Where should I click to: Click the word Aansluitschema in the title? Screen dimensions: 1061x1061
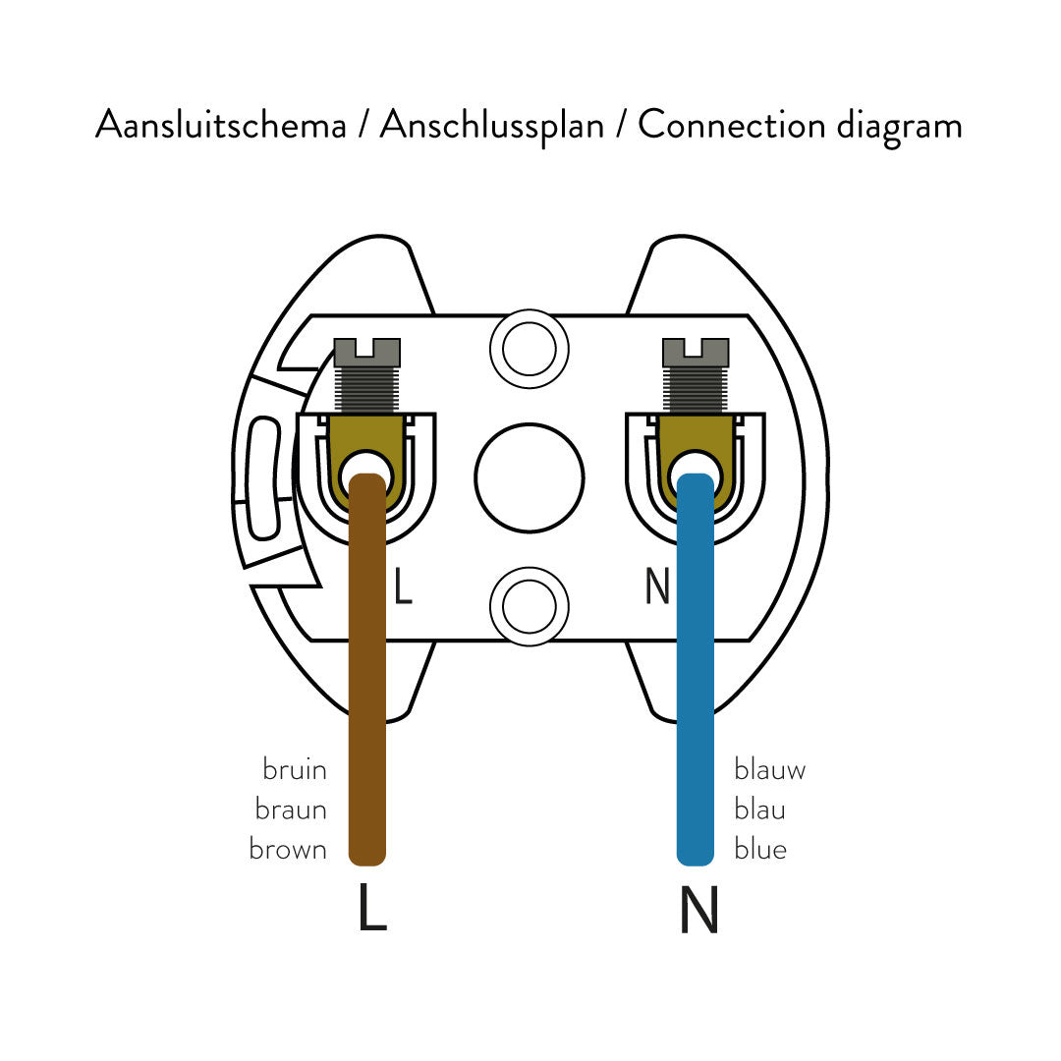point(220,126)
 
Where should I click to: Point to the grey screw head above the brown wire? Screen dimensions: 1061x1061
point(367,352)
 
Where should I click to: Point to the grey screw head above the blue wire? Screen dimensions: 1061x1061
point(696,352)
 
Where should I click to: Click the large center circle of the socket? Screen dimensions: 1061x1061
point(530,477)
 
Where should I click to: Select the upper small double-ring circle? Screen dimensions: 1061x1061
point(530,349)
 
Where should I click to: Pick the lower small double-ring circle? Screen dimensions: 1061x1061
point(530,606)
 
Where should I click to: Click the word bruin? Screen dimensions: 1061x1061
point(295,769)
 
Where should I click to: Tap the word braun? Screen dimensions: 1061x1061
point(291,810)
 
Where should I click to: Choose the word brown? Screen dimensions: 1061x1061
point(288,850)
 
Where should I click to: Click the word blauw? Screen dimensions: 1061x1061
point(770,769)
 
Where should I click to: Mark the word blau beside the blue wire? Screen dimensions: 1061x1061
point(760,810)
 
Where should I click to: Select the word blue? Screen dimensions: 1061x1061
point(760,850)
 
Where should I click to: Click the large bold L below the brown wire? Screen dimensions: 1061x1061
point(372,909)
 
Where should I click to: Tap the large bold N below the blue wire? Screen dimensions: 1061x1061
point(698,911)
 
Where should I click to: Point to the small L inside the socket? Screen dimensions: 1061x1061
point(403,586)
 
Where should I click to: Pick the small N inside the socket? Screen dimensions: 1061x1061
point(657,586)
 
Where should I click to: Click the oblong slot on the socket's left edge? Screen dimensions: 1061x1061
point(262,477)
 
